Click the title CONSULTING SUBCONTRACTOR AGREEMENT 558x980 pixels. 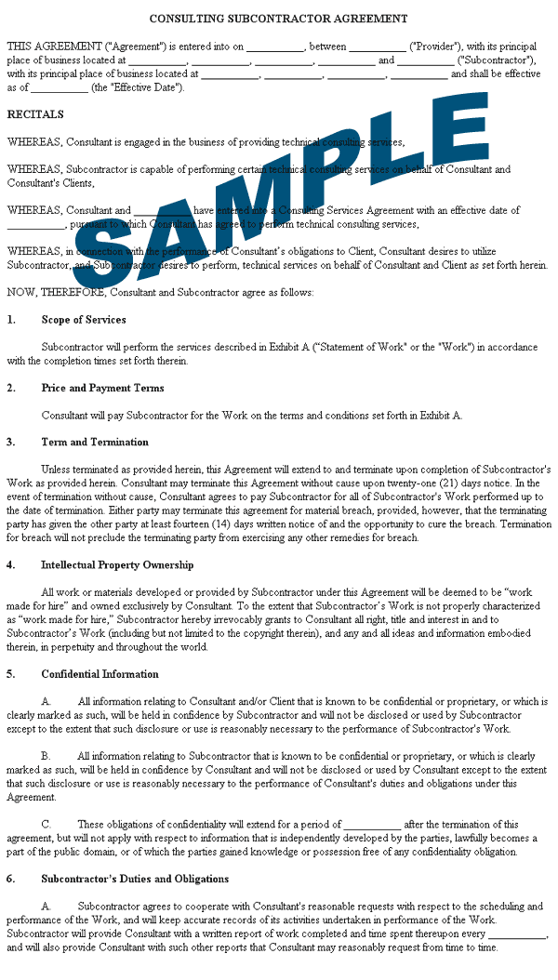coord(278,19)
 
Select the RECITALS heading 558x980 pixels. coord(35,115)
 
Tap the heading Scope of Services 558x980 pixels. coord(84,320)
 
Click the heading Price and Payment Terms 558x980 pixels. coord(102,389)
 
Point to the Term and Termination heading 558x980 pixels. coord(95,443)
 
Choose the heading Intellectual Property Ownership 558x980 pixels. coord(117,565)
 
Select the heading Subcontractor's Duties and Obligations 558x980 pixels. coord(135,879)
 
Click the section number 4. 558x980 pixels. coord(10,565)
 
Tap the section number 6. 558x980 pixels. coord(10,879)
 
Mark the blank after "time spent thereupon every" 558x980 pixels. coord(517,934)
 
